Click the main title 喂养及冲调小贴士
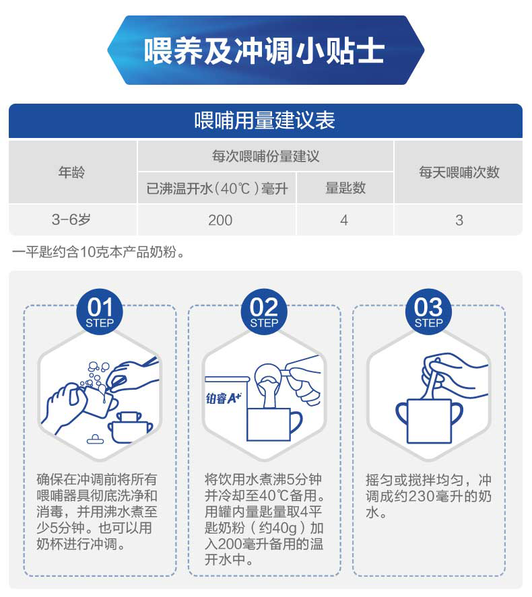[x=264, y=50]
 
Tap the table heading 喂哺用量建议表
[x=265, y=120]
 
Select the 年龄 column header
[x=71, y=172]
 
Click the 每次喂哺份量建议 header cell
[x=265, y=156]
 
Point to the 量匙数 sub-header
[x=345, y=188]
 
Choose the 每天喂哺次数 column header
[x=459, y=172]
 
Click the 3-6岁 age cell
[x=71, y=219]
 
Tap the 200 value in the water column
[x=220, y=220]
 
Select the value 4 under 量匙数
[x=344, y=220]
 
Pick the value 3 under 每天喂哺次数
[x=459, y=220]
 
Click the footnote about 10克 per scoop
[x=98, y=252]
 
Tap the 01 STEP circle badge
[x=100, y=312]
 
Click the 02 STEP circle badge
[x=264, y=312]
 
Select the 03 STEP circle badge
[x=428, y=312]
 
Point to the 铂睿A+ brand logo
[x=224, y=398]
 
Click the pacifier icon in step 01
[x=95, y=440]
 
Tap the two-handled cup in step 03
[x=429, y=421]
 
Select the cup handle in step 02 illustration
[x=296, y=422]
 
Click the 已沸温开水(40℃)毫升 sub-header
[x=217, y=188]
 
